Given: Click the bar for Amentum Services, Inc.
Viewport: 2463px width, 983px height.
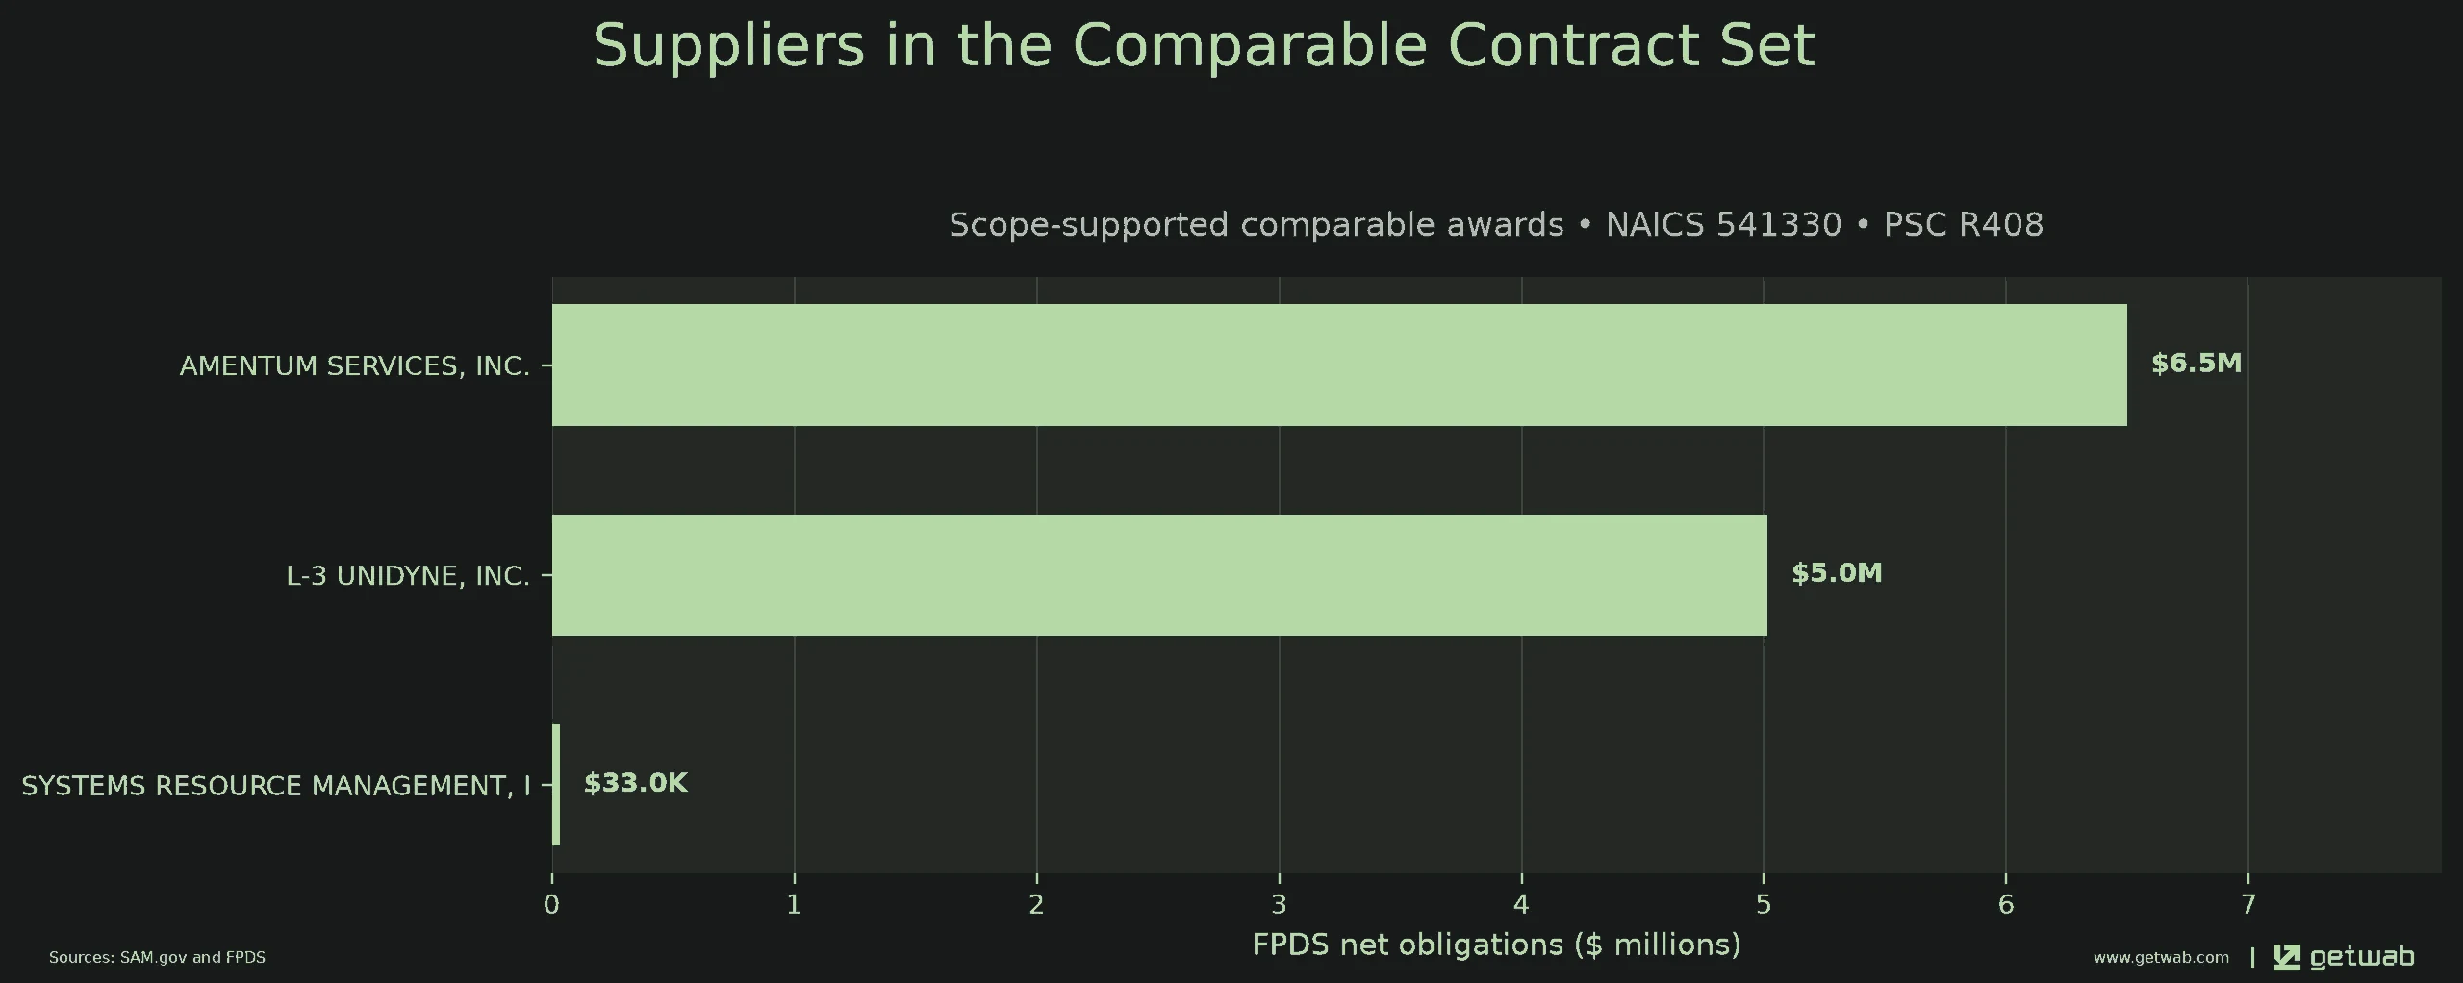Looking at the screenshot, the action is (1339, 365).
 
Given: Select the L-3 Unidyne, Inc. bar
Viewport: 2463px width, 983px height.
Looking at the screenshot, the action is (1159, 575).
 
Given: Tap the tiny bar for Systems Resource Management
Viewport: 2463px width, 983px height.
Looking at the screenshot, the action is (556, 785).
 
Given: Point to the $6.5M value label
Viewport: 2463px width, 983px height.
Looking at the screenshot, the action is (2196, 364).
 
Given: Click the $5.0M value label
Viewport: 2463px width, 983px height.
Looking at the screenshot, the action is (1837, 573).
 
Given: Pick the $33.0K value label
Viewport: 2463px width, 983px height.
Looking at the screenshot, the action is (636, 783).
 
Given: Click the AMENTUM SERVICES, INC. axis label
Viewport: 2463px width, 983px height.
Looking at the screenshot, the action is (355, 366).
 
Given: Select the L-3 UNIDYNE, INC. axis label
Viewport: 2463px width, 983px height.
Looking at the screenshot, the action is (409, 576).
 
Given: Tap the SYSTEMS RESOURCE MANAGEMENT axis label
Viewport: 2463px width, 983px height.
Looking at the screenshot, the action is (276, 786).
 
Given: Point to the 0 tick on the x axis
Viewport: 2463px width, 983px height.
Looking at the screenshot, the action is (551, 905).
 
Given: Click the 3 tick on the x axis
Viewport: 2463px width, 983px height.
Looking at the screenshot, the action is (1279, 905).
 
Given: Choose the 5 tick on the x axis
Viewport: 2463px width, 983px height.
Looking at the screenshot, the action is (1764, 905).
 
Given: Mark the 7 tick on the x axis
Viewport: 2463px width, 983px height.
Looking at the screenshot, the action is (2248, 905).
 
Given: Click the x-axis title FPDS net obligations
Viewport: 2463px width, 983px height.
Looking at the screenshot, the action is (1496, 945).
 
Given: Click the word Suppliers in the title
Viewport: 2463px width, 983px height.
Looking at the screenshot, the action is (729, 46).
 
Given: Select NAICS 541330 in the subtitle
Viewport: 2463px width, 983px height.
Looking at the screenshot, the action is (1723, 224).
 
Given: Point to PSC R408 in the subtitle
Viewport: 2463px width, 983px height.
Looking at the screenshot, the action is (1963, 224).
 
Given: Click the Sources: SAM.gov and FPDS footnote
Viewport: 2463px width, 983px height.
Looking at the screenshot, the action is (157, 958).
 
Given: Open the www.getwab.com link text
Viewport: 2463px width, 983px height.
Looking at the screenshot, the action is (2161, 958).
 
